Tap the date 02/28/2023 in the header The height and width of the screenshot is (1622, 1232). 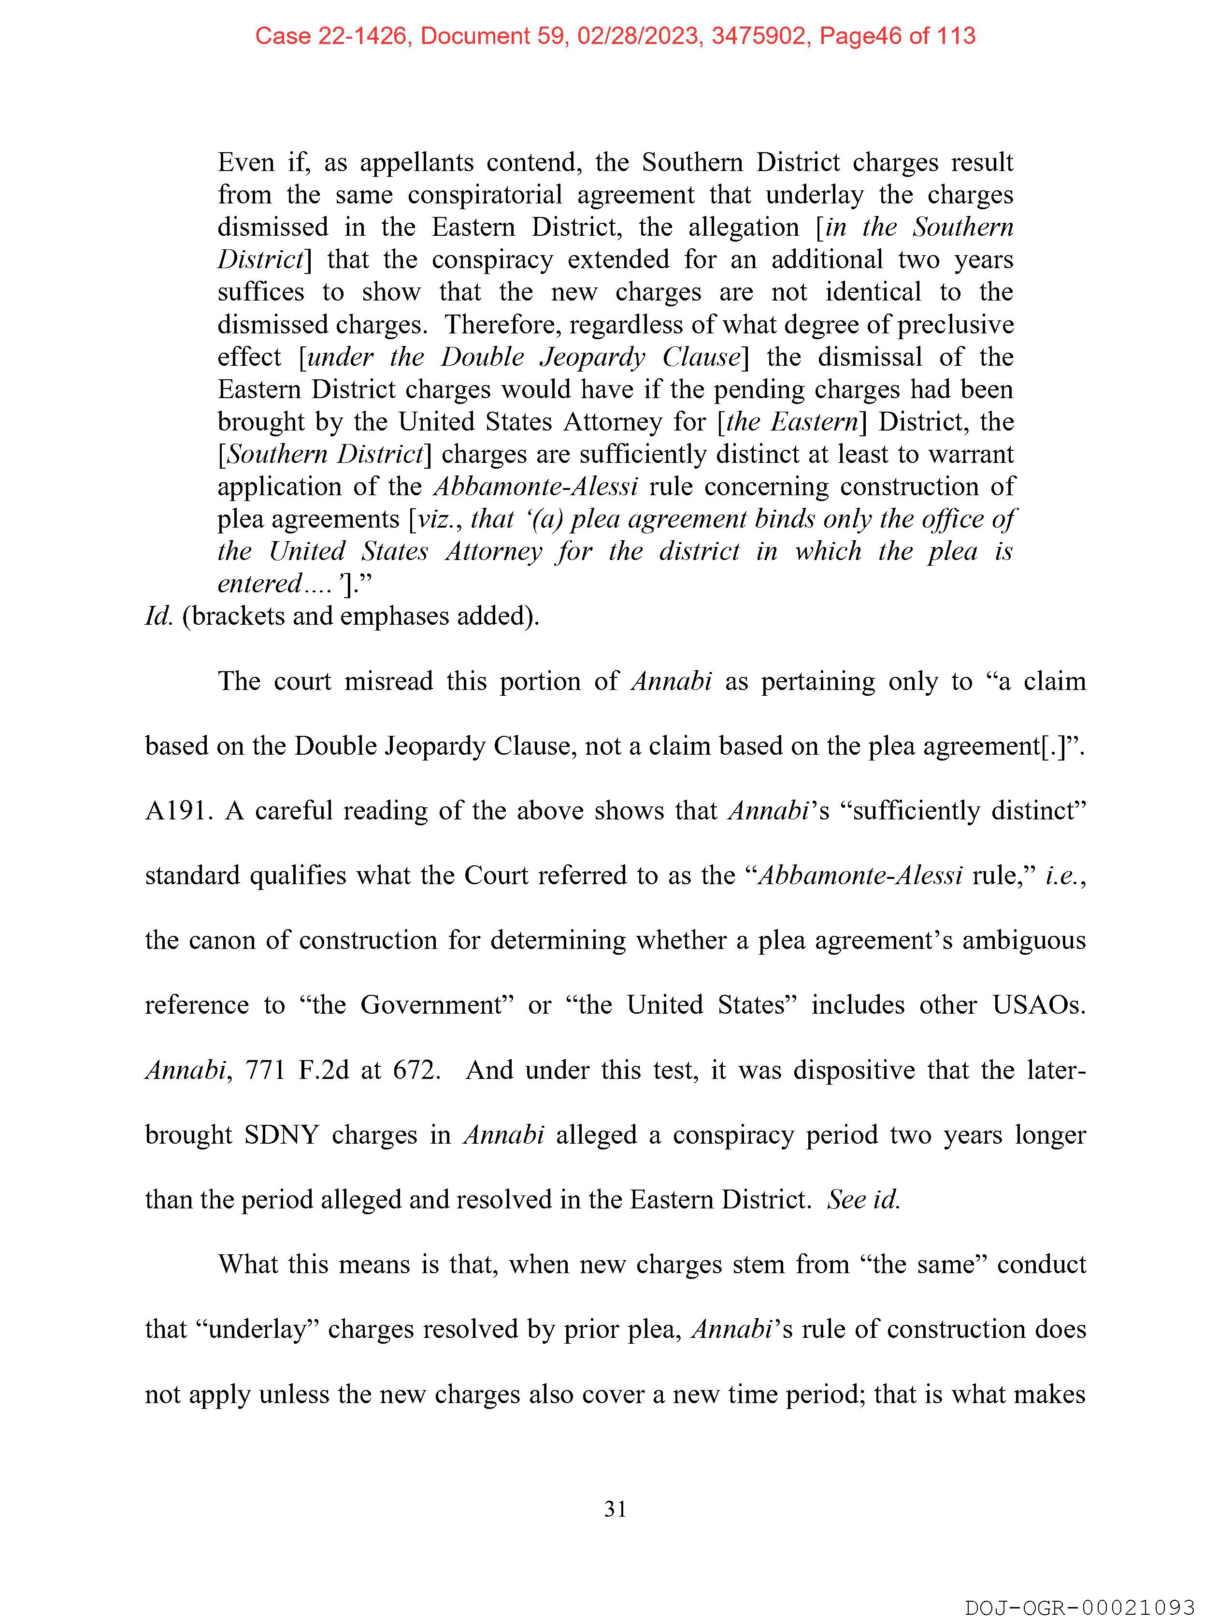pos(637,36)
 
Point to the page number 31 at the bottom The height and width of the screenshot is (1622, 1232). pos(615,1509)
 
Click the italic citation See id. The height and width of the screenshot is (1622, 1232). pos(862,1200)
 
